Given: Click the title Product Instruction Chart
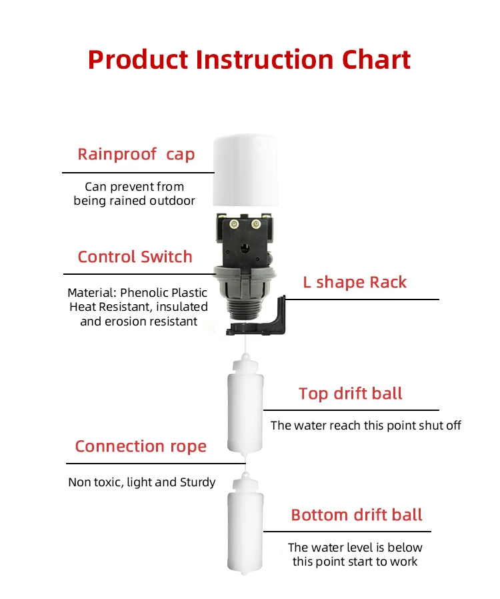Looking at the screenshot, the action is point(249,60).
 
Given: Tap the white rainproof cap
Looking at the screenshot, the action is point(245,170).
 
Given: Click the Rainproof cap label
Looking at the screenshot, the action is point(136,155).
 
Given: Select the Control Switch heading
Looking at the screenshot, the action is point(135,257).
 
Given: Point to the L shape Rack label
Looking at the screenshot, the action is point(355,283).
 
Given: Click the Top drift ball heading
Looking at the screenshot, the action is point(351,394).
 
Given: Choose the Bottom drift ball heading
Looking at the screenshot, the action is point(357,515).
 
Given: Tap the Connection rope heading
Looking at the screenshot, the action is point(141,446).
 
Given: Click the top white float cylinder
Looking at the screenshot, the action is point(245,405).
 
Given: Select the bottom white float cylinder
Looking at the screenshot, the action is point(245,524).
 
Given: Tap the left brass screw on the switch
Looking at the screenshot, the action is point(234,224).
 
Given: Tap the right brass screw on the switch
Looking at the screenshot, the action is point(256,224).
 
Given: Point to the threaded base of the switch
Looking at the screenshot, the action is point(244,308).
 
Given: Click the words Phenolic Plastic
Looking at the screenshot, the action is point(164,293).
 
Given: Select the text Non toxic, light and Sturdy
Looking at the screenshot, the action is point(141,482).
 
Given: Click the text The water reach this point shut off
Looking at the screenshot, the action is point(365,426).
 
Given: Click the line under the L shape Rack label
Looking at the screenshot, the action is point(362,299).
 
